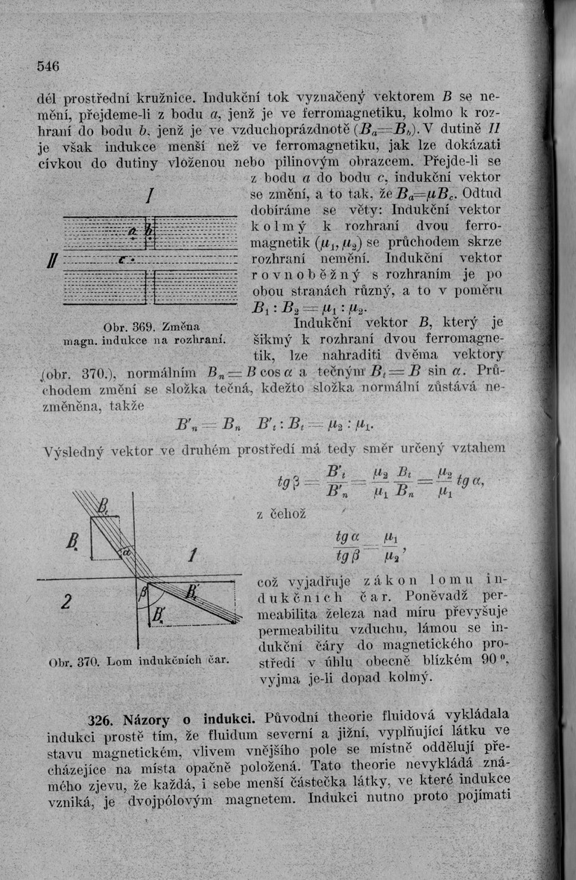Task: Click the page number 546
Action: (x=48, y=64)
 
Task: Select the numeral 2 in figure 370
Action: (x=66, y=601)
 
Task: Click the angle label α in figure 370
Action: (x=127, y=553)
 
